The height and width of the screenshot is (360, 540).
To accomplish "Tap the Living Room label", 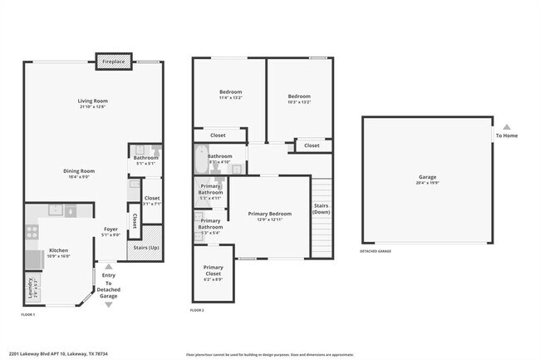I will coord(93,101).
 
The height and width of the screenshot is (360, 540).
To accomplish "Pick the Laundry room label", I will coord(31,288).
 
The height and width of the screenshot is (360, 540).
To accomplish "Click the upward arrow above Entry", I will coord(107,266).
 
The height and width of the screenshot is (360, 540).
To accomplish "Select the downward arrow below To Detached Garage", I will coord(107,305).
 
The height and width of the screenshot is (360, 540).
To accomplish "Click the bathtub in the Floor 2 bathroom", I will coord(200,159).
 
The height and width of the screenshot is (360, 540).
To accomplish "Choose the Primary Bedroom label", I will coord(270,214).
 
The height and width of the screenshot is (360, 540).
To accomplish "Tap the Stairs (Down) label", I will coord(322,208).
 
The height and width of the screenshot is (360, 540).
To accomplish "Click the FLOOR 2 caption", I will coord(197,309).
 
